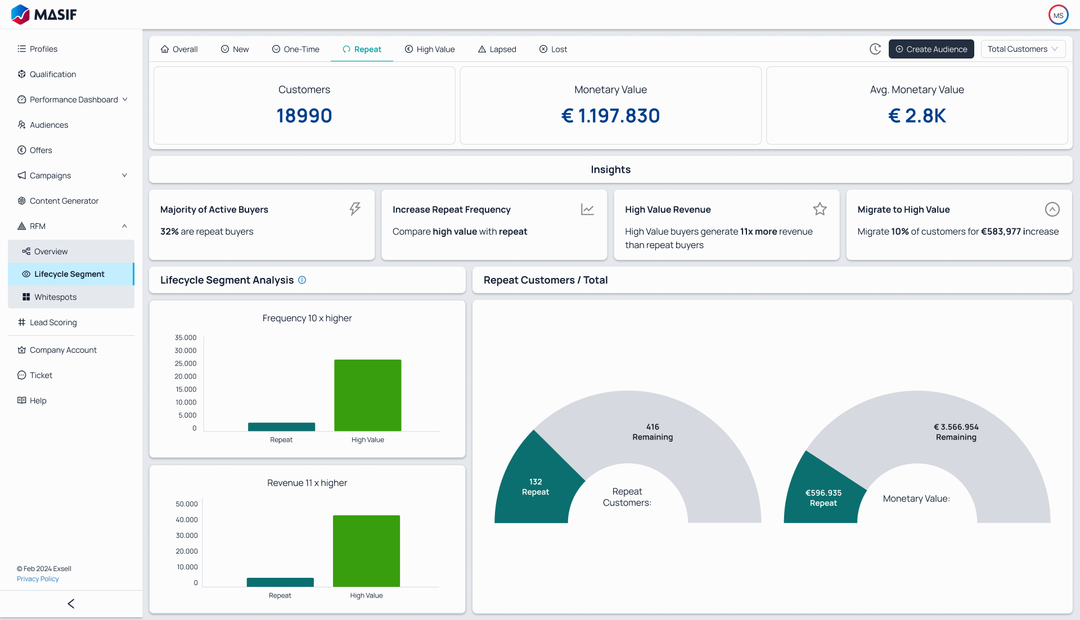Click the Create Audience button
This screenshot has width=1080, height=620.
point(931,49)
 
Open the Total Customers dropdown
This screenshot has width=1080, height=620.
point(1023,49)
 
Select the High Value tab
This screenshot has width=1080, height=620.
point(430,50)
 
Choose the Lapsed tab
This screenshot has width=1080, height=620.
point(497,50)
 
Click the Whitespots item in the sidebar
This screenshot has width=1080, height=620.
point(55,297)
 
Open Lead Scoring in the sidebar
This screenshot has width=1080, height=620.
point(53,322)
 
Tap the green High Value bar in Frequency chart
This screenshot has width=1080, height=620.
point(367,395)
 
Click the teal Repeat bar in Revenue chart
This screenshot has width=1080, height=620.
point(280,582)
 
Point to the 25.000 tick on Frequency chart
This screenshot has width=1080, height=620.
point(185,363)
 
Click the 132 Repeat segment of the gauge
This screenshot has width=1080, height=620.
point(535,487)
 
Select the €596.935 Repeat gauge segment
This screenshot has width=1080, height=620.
point(823,497)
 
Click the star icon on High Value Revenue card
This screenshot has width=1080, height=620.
point(820,209)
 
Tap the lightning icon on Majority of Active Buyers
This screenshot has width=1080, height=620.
point(355,209)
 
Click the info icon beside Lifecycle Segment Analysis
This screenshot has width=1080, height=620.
point(302,280)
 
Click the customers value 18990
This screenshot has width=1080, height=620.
point(304,115)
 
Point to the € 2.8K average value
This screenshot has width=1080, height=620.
point(917,115)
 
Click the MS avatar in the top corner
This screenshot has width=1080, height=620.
point(1058,15)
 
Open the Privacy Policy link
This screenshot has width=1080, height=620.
point(38,579)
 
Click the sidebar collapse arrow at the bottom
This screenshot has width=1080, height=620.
point(71,604)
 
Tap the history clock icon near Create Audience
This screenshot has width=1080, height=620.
point(875,49)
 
